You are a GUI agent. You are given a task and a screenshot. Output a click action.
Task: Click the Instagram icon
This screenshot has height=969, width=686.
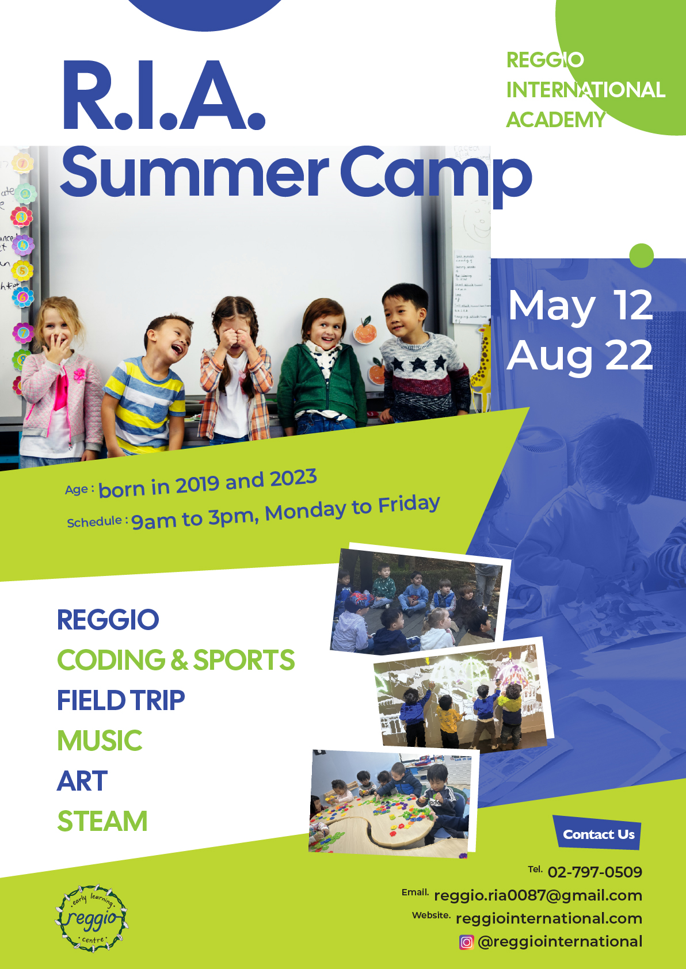tap(466, 942)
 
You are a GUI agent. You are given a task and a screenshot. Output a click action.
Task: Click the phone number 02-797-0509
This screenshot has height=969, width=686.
tap(594, 872)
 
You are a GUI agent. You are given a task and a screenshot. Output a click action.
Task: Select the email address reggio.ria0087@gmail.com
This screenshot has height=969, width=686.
tap(538, 895)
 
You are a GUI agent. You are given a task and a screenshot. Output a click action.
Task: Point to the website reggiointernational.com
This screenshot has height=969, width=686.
tap(549, 918)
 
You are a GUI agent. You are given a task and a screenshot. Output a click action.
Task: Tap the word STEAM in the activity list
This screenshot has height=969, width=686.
tap(102, 821)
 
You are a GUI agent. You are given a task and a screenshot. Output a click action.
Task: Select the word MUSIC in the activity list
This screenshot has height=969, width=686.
tap(100, 740)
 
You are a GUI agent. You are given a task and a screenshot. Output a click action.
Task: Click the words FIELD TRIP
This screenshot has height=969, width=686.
tap(121, 700)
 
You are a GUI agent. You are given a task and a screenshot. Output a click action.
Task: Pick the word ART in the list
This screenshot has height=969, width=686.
tap(82, 781)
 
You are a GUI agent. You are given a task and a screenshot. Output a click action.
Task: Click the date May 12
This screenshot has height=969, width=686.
tap(580, 306)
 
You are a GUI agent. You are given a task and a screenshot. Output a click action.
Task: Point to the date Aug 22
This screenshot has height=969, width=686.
tap(580, 356)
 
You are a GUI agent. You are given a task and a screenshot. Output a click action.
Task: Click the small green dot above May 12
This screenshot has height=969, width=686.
tap(642, 255)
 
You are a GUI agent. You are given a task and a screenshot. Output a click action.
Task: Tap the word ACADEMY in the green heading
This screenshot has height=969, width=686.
tap(556, 120)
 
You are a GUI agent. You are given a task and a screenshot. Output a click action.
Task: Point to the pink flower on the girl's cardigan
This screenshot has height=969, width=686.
tap(79, 374)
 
